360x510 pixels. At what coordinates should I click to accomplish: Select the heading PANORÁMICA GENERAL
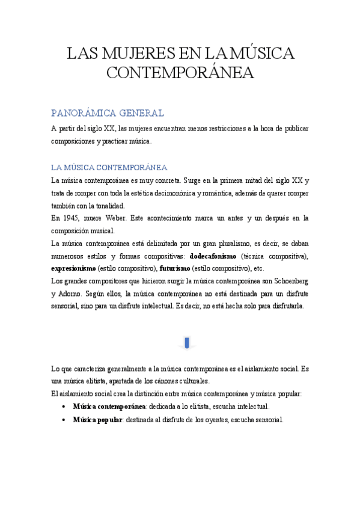pos(108,113)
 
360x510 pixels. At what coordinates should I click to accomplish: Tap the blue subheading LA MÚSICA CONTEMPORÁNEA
pos(109,167)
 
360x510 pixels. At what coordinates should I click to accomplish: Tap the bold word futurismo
pos(175,268)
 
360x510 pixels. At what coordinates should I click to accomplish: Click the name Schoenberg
pos(288,281)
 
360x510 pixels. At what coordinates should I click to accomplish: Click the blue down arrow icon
pos(186,343)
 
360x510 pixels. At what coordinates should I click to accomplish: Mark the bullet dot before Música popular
pos(64,420)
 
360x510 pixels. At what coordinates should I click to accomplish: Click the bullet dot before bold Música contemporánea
pos(64,407)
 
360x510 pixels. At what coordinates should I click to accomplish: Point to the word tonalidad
pos(108,206)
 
